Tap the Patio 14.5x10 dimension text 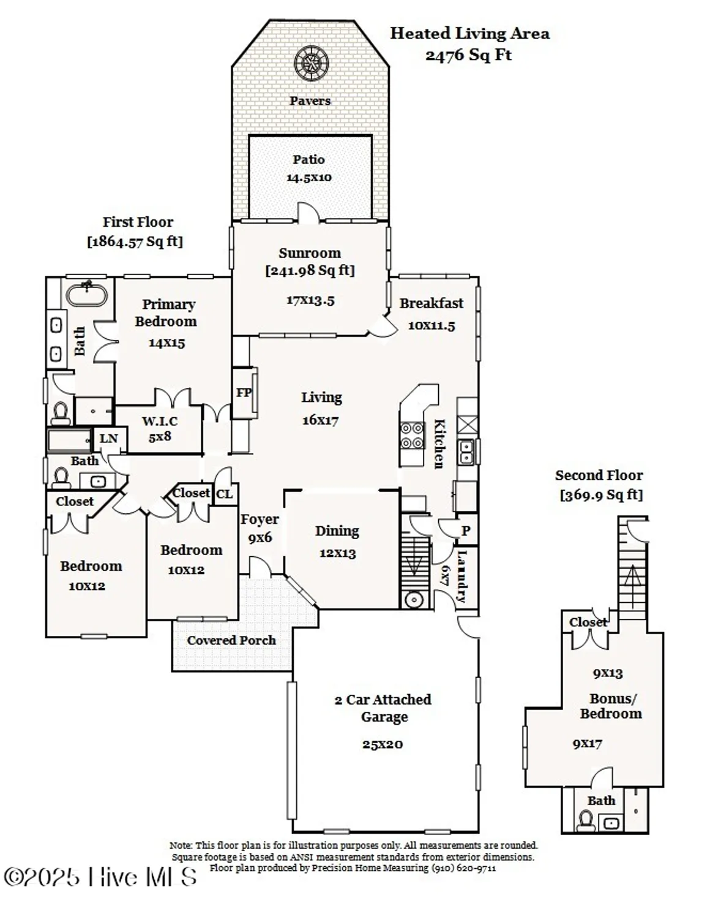[308, 178]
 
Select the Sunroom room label [310, 253]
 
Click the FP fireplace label [244, 393]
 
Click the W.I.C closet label [160, 422]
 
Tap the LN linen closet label [108, 439]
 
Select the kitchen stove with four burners [411, 436]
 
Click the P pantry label [466, 531]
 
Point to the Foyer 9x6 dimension [260, 538]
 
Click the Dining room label [337, 531]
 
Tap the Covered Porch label [231, 640]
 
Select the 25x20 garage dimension [382, 745]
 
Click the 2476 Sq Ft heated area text [468, 55]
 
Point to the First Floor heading [138, 222]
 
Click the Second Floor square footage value [601, 495]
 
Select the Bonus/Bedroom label [611, 706]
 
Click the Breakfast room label [432, 303]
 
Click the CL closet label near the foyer [225, 494]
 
